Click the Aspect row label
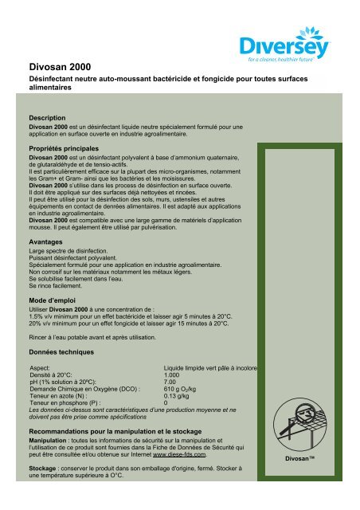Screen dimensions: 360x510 click(x=39, y=367)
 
